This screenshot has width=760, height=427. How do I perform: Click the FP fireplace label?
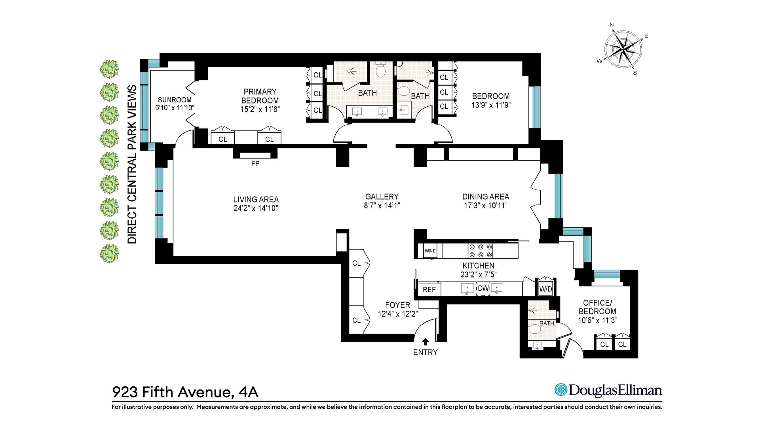click(x=255, y=164)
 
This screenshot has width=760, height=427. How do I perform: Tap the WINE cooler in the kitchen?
click(x=430, y=251)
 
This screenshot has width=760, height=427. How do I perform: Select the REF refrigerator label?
click(x=429, y=290)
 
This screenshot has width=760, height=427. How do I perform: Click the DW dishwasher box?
click(x=483, y=289)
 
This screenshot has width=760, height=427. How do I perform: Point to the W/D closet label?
click(x=545, y=289)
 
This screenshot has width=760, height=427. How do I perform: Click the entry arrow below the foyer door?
click(x=426, y=342)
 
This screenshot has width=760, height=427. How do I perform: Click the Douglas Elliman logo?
click(x=608, y=390)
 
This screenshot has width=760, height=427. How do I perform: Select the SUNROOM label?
click(x=175, y=100)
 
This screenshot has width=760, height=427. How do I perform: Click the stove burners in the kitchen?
click(x=481, y=251)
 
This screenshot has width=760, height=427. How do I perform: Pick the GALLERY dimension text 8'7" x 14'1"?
click(x=382, y=206)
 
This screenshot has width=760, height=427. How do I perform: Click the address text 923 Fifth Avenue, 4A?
click(x=185, y=392)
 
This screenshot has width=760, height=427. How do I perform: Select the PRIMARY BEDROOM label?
click(x=260, y=96)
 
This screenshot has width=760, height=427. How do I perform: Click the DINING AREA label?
click(x=486, y=196)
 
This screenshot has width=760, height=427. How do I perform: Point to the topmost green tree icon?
click(x=109, y=69)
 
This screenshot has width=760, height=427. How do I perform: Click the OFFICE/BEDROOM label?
click(x=597, y=307)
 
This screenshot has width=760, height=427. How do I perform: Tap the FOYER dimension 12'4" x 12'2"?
click(x=398, y=314)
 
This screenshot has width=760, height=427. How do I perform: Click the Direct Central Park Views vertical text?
click(x=132, y=164)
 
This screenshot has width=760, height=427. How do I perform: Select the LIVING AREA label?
click(x=256, y=200)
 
